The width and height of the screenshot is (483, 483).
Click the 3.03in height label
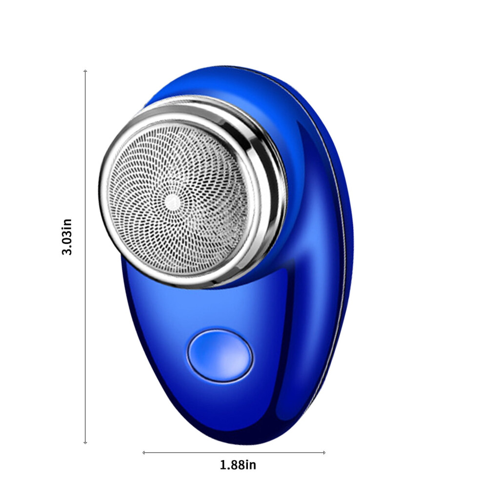(x=67, y=237)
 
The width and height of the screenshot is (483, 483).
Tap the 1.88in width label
(x=238, y=465)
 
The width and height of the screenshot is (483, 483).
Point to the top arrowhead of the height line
(x=85, y=71)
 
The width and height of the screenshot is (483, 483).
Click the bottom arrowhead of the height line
(x=85, y=443)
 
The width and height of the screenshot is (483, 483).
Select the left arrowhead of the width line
(x=144, y=452)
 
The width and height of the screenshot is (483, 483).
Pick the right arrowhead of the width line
(x=324, y=452)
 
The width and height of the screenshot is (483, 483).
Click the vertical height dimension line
(x=85, y=257)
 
